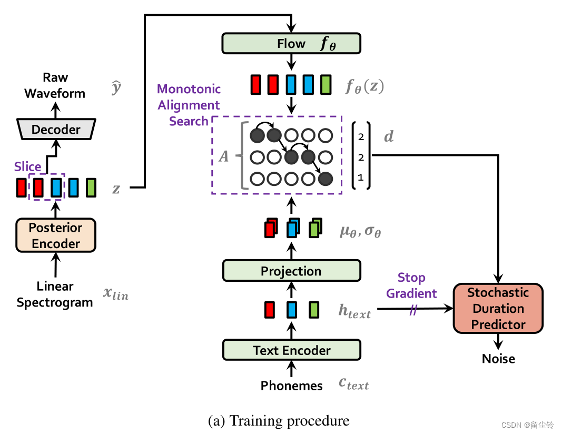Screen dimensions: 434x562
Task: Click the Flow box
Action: coord(291,43)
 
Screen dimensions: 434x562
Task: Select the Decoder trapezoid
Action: coord(56,130)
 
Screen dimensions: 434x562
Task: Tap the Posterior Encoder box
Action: coord(55,235)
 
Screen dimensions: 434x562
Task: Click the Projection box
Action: coord(291,271)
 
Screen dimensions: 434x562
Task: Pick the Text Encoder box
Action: coord(291,350)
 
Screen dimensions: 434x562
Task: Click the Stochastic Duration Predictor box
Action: coord(498,309)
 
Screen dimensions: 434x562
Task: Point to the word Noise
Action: coord(498,359)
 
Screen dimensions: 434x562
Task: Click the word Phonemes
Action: coord(291,386)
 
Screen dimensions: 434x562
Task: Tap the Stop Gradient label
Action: coord(411,285)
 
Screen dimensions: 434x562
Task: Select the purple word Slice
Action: coord(27,166)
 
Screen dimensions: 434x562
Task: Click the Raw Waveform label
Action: coord(55,85)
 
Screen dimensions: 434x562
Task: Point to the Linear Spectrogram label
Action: coord(55,294)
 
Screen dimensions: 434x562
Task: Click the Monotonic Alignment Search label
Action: coord(189,105)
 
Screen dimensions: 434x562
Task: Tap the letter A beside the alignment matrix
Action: coord(224,156)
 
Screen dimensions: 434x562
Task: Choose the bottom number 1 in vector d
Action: coord(361,178)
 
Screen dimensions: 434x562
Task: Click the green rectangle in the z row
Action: coord(91,188)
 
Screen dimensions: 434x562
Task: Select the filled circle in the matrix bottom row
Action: coord(326,179)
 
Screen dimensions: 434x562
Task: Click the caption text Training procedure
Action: coord(279,421)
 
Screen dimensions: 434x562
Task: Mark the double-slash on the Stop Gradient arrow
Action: coord(413,310)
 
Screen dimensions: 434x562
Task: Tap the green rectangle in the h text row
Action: coord(314,310)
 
